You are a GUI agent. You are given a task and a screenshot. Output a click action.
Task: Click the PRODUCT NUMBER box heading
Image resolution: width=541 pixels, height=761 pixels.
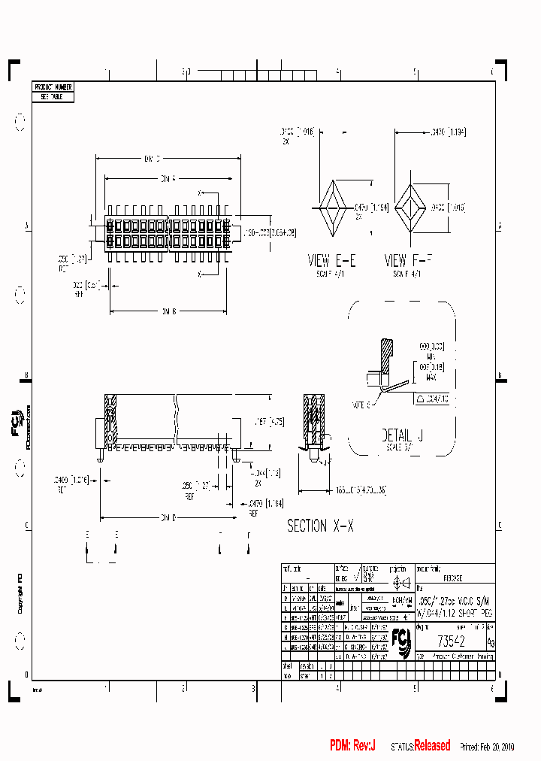pyautogui.click(x=53, y=88)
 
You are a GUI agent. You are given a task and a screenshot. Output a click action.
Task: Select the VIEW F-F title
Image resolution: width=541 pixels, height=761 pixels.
pyautogui.click(x=410, y=261)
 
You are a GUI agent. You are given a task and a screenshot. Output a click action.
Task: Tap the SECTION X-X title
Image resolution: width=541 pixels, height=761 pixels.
pyautogui.click(x=320, y=526)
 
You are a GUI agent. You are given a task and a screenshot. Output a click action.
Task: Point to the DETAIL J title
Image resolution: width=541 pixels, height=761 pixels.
pyautogui.click(x=397, y=435)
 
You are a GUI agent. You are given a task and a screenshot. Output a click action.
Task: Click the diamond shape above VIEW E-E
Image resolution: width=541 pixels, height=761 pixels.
pyautogui.click(x=331, y=207)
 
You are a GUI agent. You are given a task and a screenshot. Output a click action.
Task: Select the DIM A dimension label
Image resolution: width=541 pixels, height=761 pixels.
pyautogui.click(x=168, y=179)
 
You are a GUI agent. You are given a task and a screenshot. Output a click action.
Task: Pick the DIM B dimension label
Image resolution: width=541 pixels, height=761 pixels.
pyautogui.click(x=168, y=311)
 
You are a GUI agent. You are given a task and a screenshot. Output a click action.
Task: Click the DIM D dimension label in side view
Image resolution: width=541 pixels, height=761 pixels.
pyautogui.click(x=168, y=517)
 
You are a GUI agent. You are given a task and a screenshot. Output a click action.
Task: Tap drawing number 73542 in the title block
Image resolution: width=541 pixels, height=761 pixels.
pyautogui.click(x=451, y=641)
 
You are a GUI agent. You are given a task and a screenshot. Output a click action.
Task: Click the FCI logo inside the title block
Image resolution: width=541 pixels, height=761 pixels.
pyautogui.click(x=405, y=640)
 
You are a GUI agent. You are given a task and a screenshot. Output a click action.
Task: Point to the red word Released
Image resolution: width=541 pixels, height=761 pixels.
pyautogui.click(x=432, y=746)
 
